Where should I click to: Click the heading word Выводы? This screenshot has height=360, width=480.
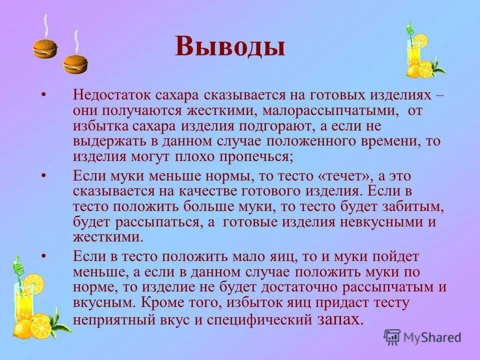(230, 46)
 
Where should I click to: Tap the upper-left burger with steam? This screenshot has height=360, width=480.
(45, 48)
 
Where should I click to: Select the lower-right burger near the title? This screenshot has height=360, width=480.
(75, 64)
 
